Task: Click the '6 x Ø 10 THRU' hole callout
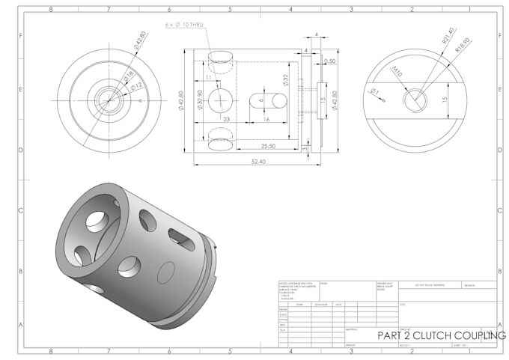click(x=183, y=25)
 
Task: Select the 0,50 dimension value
click(x=330, y=61)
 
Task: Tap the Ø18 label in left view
click(x=128, y=75)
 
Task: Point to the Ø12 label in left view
click(x=137, y=88)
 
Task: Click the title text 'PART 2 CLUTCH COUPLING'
click(x=441, y=336)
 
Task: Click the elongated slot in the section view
click(x=267, y=100)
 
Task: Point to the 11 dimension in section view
click(x=207, y=78)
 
